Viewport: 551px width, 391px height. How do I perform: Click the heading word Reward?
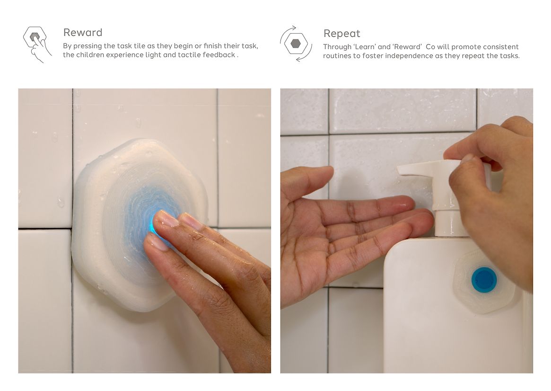coord(83,32)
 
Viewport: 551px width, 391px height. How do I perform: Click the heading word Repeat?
coord(341,34)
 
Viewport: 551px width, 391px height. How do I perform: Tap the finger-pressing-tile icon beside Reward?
coord(37,44)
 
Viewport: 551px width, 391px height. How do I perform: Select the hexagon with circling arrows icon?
coord(296,44)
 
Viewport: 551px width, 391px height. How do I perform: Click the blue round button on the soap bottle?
coord(484,280)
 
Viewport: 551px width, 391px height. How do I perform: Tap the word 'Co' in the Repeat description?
coord(430,47)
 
